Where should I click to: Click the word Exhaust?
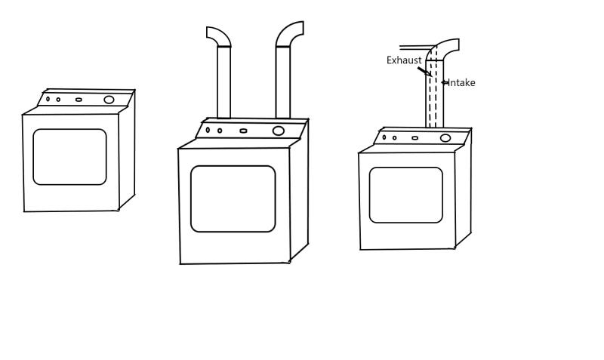(x=404, y=60)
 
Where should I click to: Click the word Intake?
(x=462, y=83)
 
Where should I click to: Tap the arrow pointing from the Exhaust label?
(x=424, y=72)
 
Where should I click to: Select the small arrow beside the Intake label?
(x=445, y=82)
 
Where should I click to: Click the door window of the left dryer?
(x=69, y=157)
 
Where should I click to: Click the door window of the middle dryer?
(x=233, y=198)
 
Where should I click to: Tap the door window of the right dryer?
(x=405, y=195)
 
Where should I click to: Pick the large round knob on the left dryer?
(x=109, y=100)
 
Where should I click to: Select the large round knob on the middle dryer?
(x=279, y=131)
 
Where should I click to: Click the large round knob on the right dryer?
(x=445, y=138)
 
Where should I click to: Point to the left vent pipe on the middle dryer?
(x=223, y=83)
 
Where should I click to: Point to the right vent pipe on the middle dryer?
(x=283, y=83)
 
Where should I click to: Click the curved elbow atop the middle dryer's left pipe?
(x=219, y=36)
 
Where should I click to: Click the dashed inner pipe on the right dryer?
(x=433, y=94)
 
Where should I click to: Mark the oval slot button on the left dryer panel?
(x=79, y=100)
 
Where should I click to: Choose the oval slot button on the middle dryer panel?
(x=243, y=131)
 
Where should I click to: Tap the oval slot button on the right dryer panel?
(x=414, y=138)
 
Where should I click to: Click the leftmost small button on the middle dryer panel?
(x=208, y=130)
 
